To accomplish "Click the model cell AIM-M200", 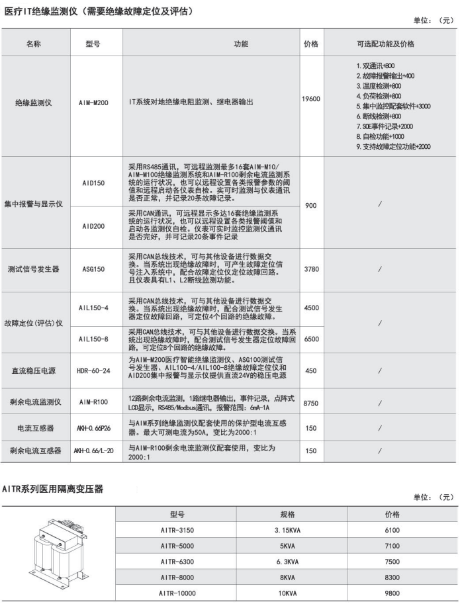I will (93, 104).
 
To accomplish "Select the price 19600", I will (310, 98).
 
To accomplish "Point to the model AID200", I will (93, 226).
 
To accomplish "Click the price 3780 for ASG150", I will (310, 269).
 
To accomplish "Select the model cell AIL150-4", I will (93, 308).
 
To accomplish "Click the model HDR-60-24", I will (93, 371).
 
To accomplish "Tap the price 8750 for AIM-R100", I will (310, 402).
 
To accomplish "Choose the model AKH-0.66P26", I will (93, 428).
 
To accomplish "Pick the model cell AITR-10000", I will (177, 593).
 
